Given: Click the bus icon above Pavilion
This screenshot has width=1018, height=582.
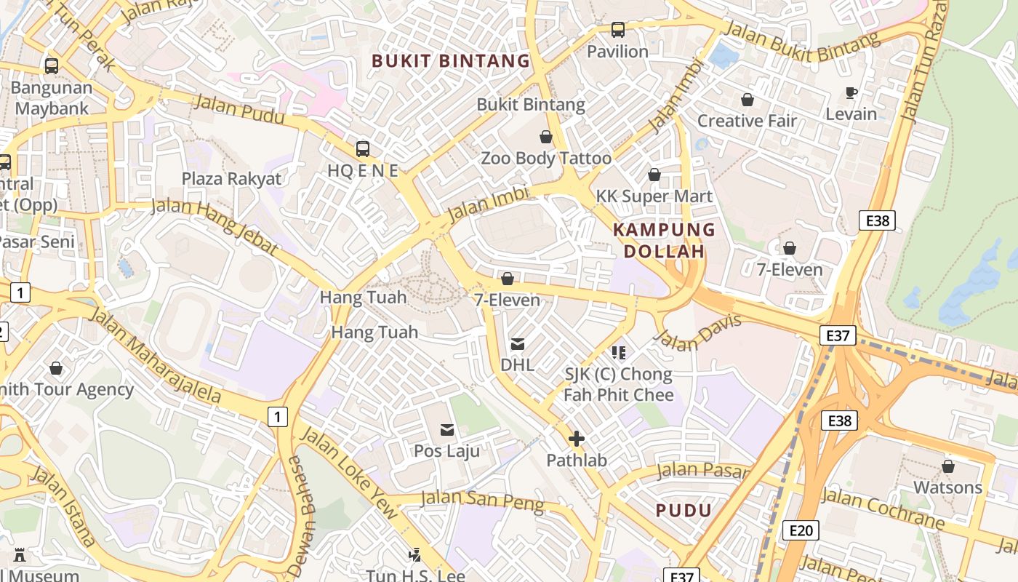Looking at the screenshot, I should point(617,30).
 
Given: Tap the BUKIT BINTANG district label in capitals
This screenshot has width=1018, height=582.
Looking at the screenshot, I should point(451,61).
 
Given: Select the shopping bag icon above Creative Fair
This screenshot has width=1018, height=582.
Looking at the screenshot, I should point(747,100).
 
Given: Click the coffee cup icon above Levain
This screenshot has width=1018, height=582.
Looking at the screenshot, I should point(851,92).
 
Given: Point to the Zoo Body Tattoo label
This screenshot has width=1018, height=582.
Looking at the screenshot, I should point(546,158).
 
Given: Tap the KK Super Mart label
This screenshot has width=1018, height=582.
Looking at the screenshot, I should point(654,196).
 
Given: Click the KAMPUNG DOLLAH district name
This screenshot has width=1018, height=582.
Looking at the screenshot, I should point(664,241).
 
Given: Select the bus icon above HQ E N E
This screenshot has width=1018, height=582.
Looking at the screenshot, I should point(362,149).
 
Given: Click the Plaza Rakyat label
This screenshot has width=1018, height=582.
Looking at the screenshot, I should point(231,179).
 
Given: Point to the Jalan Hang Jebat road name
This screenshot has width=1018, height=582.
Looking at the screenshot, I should point(215,225).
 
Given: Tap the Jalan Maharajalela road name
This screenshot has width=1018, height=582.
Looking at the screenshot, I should point(155,355).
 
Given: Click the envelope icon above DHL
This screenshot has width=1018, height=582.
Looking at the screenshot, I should point(518,344).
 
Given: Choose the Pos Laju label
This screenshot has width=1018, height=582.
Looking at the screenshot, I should point(446,451).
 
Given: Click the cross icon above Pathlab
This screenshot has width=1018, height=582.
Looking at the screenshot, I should point(576,439).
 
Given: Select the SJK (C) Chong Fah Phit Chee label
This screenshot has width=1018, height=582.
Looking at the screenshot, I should point(619,384).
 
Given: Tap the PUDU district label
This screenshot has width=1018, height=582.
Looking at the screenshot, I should point(684,510).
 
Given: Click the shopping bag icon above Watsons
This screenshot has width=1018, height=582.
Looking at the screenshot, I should point(947,466).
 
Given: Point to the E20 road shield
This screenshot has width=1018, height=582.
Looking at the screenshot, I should point(800,530).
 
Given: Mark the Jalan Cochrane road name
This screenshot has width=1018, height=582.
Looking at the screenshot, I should point(883,509).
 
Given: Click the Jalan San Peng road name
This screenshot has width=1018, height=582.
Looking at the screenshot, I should point(482,501).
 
